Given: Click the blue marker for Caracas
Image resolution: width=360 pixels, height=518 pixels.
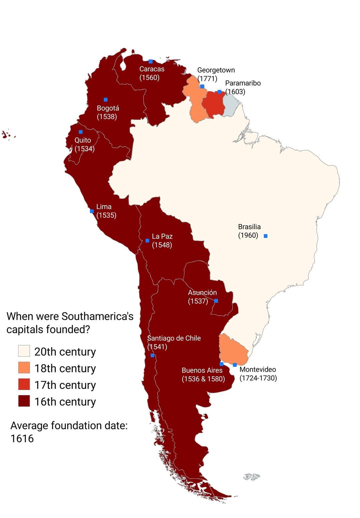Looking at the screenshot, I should click(151, 61).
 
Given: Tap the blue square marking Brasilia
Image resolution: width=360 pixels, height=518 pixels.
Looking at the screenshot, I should click(266, 236).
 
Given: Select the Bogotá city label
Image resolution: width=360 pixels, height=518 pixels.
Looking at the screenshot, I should click(108, 108).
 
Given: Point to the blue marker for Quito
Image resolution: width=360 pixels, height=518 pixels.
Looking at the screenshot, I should click(81, 132).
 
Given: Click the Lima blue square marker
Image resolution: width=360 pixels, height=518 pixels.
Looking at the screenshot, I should click(92, 211).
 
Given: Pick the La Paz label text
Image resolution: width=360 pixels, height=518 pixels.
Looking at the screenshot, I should click(162, 237).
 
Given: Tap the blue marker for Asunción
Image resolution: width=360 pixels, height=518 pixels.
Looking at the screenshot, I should click(216, 301).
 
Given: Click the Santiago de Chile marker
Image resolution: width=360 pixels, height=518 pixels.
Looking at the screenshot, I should click(152, 355).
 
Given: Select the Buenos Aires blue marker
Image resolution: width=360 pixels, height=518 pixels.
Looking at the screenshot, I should click(221, 364).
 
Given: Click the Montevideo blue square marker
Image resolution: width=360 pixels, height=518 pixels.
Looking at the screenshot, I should click(235, 365).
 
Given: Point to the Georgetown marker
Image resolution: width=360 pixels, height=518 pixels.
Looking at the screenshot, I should click(202, 86).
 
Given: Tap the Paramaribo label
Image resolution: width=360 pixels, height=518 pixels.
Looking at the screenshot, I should click(243, 83).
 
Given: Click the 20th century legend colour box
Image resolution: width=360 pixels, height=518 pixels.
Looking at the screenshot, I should click(24, 351).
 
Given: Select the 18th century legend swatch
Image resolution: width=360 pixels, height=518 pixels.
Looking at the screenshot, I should click(24, 368).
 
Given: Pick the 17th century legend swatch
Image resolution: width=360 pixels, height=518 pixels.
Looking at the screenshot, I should click(24, 384).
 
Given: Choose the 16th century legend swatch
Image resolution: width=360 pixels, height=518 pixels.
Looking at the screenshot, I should click(24, 401).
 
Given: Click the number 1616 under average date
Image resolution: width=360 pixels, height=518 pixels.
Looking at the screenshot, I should click(22, 438).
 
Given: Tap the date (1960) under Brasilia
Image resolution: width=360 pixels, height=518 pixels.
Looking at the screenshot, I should click(248, 236).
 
